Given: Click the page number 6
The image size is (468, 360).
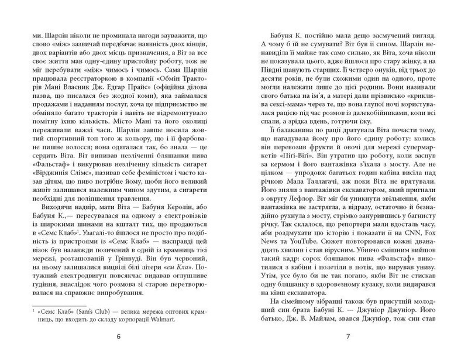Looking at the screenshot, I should point(119,337).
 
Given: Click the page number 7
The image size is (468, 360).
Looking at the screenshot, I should point(347,337).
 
